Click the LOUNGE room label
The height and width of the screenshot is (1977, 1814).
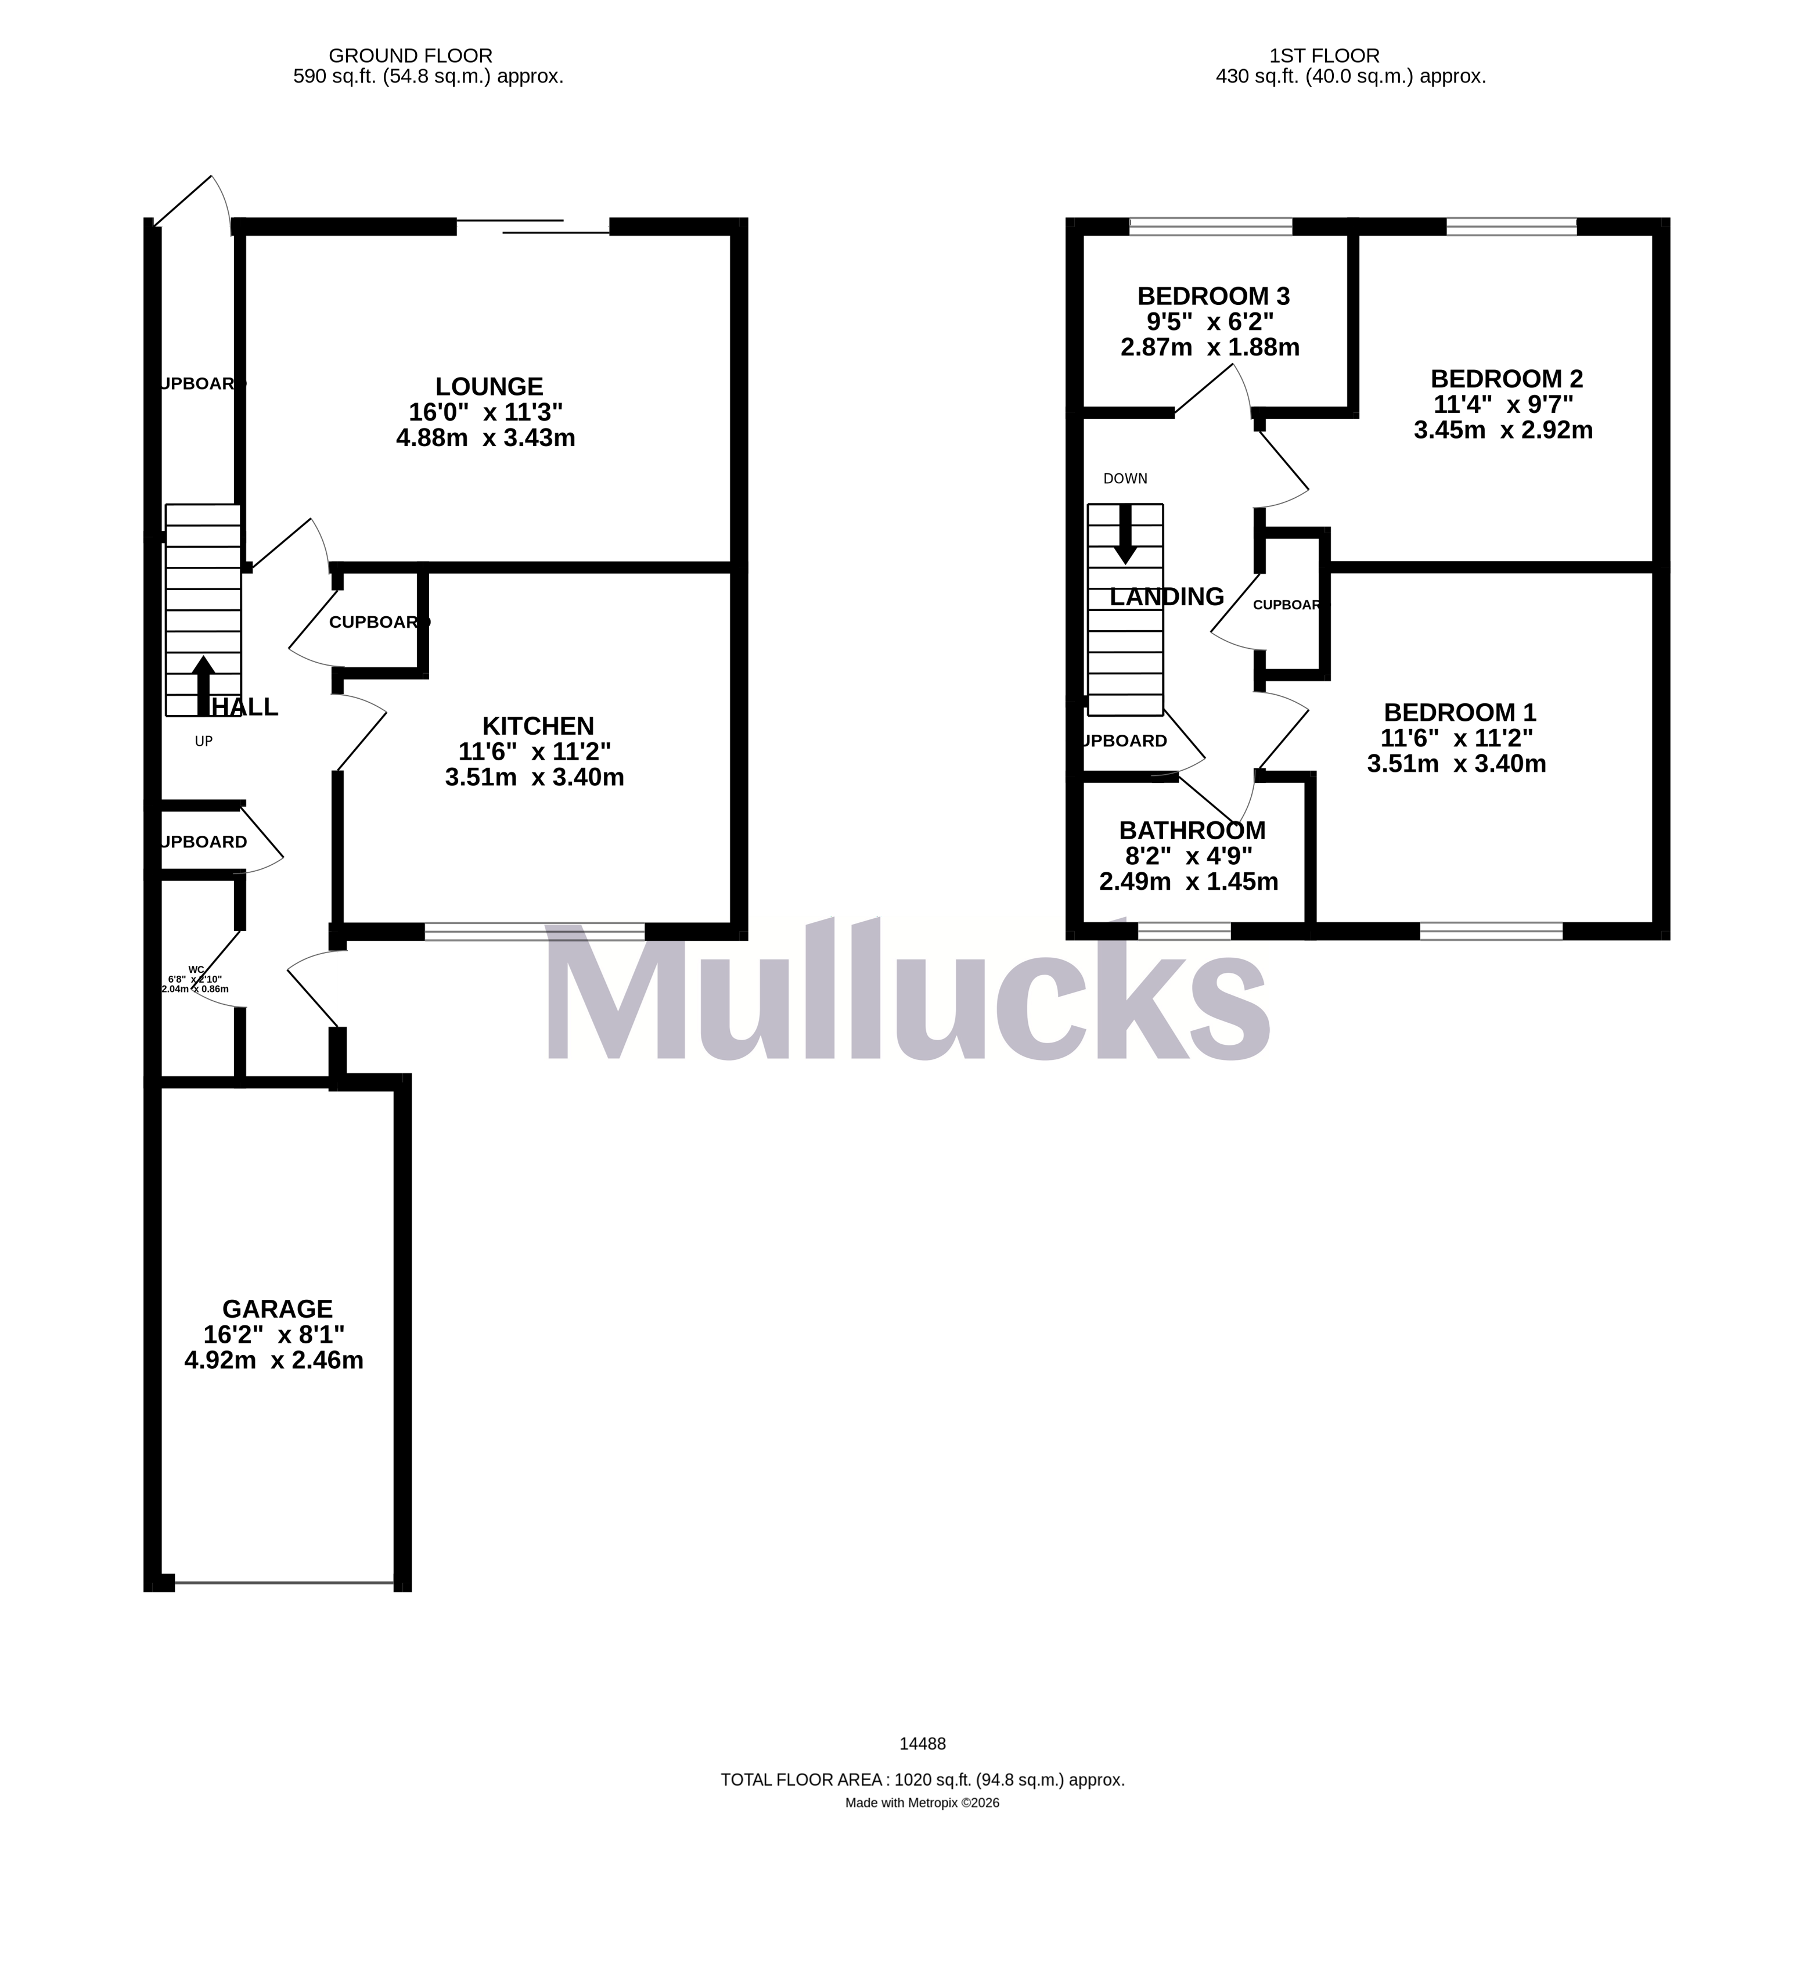point(489,387)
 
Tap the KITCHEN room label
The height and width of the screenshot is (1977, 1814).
point(538,727)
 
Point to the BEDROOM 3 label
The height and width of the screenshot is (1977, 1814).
point(1213,296)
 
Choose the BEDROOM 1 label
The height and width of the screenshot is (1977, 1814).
point(1460,713)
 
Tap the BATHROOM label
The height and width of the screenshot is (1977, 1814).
point(1192,831)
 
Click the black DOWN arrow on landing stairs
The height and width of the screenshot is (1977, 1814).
point(1125,534)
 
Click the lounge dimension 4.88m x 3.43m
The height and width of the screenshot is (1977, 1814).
point(486,438)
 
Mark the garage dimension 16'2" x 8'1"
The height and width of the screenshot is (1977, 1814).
point(274,1335)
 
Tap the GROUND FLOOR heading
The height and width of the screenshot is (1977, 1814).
point(411,56)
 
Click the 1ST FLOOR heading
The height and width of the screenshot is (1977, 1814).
point(1324,56)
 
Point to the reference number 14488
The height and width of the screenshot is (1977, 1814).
point(923,1744)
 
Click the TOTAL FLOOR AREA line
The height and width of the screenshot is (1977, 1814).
point(923,1780)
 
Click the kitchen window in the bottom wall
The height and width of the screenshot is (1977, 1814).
point(535,932)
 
